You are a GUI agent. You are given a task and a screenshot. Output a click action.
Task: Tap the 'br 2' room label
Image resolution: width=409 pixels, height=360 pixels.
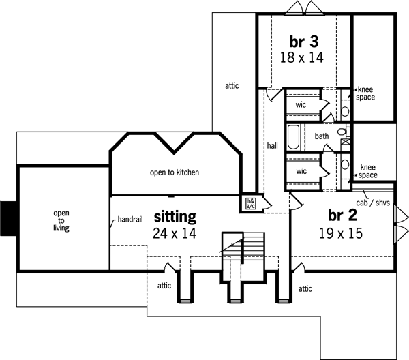pos(344,215)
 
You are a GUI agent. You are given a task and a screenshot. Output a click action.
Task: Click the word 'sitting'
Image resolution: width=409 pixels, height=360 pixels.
pos(175,217)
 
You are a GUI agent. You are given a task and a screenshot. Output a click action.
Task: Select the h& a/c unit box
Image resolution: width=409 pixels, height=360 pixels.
pos(251,202)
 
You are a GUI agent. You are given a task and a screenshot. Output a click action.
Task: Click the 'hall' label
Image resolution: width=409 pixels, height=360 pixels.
pos(273,146)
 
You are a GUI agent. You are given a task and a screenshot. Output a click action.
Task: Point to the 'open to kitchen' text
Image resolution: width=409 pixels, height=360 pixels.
pos(175,172)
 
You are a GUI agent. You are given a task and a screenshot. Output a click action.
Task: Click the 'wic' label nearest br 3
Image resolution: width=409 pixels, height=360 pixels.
pos(301,105)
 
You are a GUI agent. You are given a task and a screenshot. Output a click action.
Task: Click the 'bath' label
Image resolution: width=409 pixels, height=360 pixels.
pos(322,136)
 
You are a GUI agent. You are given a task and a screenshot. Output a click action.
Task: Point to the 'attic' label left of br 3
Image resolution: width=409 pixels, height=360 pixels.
pos(232,86)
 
